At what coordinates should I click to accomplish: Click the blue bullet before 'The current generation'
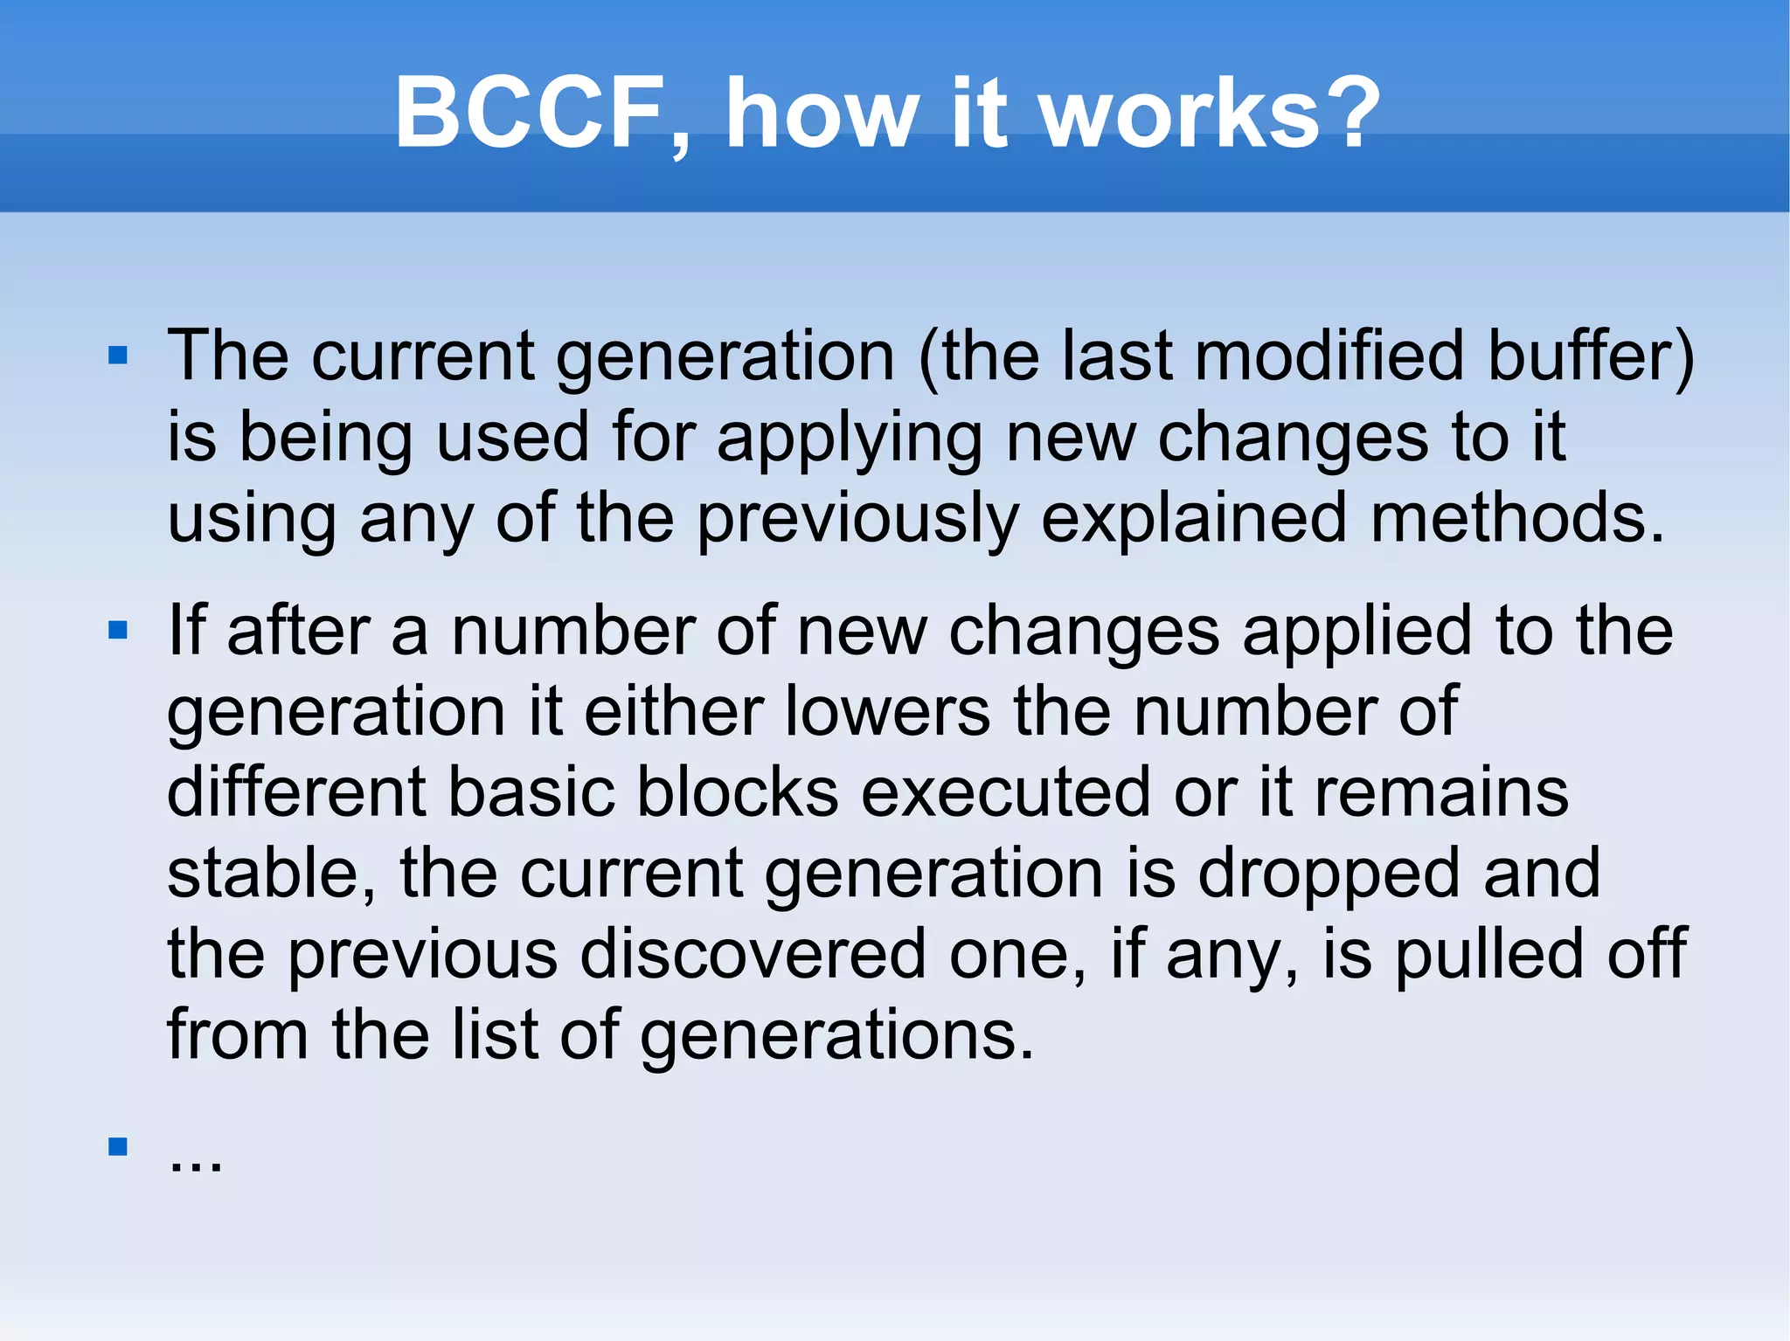coord(118,356)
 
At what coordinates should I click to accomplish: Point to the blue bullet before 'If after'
coord(118,630)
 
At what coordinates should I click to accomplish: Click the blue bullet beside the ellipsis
coord(118,1146)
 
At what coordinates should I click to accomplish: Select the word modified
coord(1329,356)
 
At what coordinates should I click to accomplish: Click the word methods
coord(1516,518)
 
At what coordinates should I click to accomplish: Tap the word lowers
coord(888,711)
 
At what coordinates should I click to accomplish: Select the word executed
coord(1005,792)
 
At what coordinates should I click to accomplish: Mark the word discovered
coord(753,954)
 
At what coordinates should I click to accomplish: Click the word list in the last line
coord(494,1034)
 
